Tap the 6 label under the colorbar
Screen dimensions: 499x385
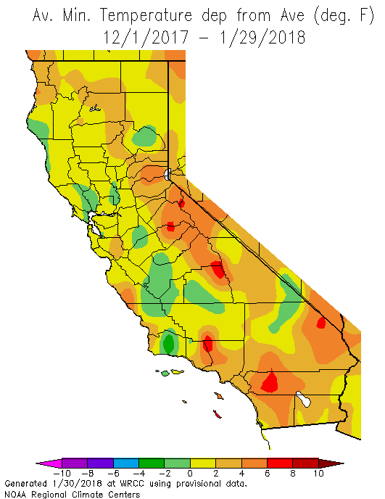click(x=267, y=473)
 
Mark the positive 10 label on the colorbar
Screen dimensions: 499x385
click(x=318, y=473)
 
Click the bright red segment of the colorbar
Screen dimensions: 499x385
click(x=279, y=463)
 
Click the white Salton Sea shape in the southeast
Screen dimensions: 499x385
click(x=303, y=398)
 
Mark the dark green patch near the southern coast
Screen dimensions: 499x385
click(x=169, y=343)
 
